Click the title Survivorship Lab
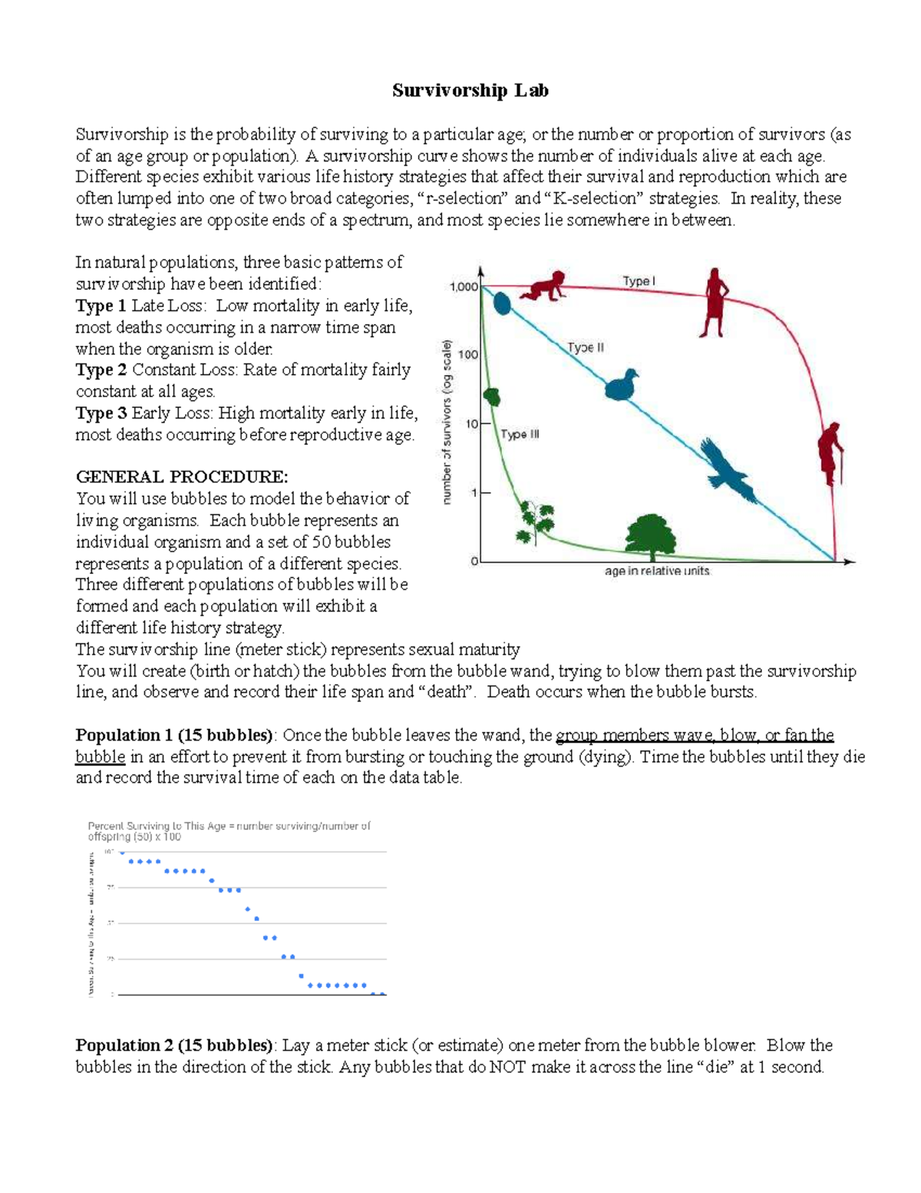click(470, 91)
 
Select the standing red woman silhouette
click(715, 303)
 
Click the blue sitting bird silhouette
click(622, 386)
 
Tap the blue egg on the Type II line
click(502, 303)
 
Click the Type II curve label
click(586, 347)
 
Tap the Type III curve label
click(520, 434)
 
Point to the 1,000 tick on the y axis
click(463, 287)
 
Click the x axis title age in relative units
click(657, 572)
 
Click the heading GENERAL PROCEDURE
click(182, 477)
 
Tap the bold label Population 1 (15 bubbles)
click(173, 735)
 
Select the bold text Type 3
click(101, 413)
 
